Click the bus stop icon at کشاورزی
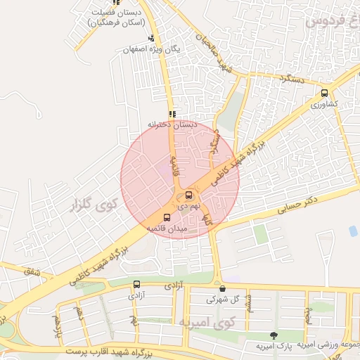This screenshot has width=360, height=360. pos(324,93)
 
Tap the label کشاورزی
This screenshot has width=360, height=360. pos(325,103)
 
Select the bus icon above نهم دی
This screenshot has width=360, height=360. pos(188,195)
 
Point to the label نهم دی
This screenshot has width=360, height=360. pos(186,206)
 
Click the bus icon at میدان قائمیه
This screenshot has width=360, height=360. pos(167,218)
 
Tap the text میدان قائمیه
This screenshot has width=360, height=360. pos(166,229)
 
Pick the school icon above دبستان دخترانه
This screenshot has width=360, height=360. pos(172,114)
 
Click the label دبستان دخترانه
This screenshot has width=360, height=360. pos(169,124)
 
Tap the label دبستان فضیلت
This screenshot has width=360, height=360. pos(116,12)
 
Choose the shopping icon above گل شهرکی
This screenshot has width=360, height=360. pos(222,288)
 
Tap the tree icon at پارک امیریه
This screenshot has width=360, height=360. pos(274,335)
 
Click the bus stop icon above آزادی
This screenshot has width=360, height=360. pos(136,285)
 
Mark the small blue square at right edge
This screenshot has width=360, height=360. pos(353,231)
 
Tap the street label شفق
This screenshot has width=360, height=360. pos(32,271)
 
